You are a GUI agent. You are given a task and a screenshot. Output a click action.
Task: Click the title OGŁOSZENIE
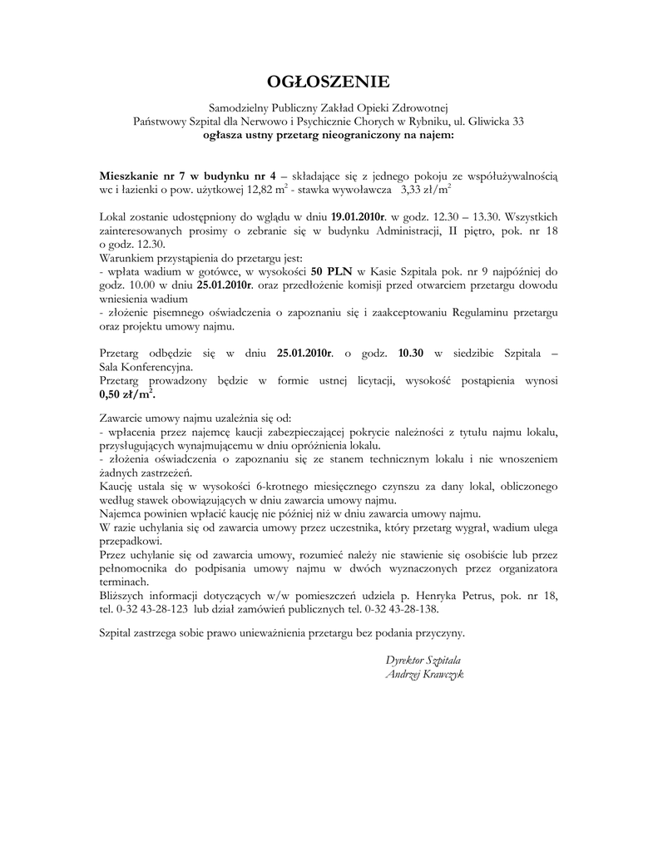point(328,82)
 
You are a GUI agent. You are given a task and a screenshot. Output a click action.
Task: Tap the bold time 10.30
point(411,353)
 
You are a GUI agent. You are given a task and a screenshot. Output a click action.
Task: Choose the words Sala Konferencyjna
point(146,366)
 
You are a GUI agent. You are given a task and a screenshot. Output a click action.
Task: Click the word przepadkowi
point(131,539)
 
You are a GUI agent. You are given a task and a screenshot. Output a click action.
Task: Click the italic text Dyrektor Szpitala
point(423,659)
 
